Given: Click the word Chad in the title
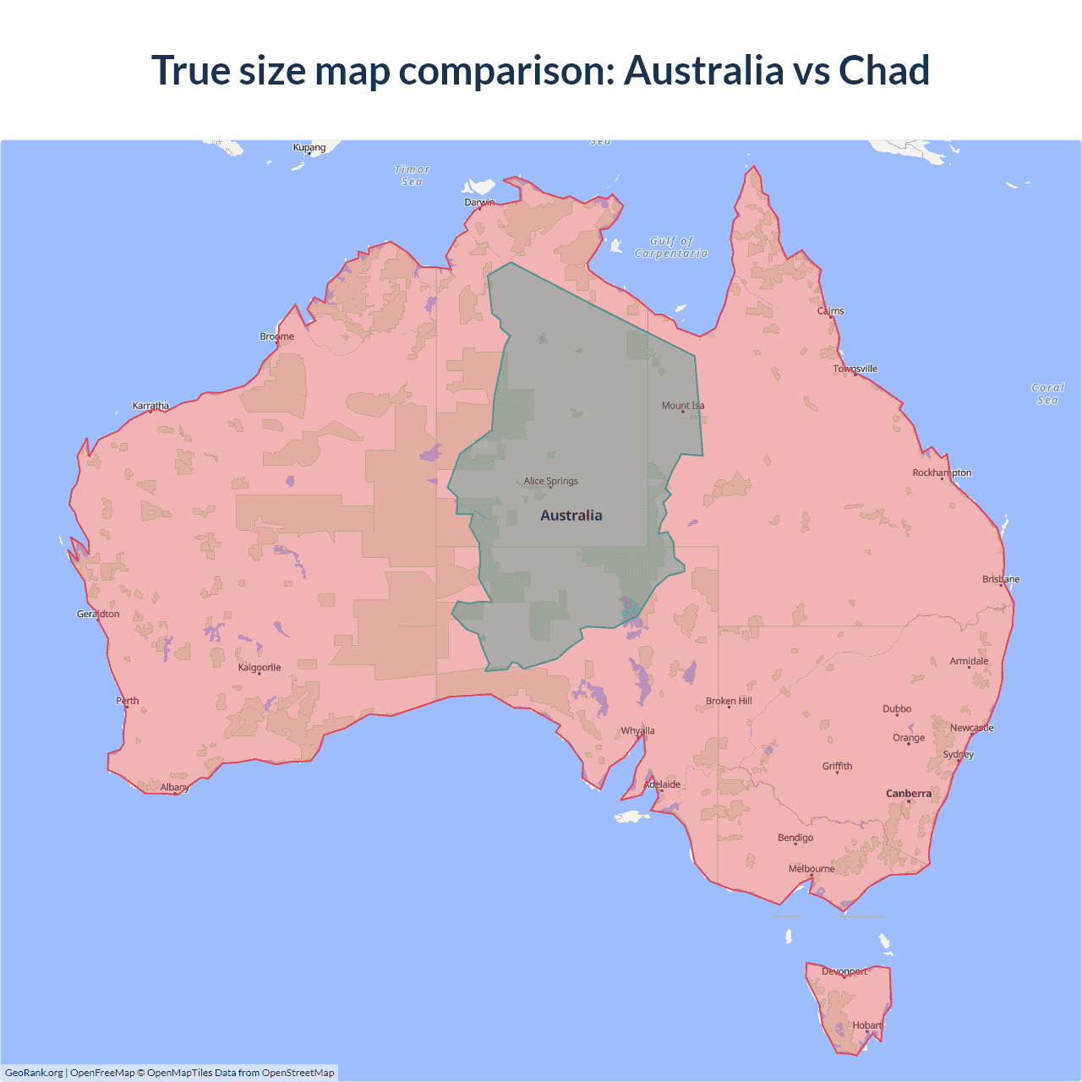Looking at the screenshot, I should coord(883,70).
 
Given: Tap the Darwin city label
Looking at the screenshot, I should coord(479,202).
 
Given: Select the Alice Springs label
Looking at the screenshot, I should coord(550,481).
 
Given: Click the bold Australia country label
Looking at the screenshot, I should coord(571,516).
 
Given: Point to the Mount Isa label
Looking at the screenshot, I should coord(683,406).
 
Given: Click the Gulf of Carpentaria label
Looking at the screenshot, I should coord(671,247).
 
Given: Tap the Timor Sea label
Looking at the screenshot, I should coord(413,176).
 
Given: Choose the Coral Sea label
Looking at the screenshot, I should coord(1047,394).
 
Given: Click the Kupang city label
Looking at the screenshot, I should coord(309,147).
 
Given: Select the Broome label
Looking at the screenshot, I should coord(277,336).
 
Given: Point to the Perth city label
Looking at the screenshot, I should coord(128,701).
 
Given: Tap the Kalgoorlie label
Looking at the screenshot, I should coord(260,668).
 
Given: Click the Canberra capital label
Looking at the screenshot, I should coord(909,794).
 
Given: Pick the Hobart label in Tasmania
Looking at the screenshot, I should coord(867,1025).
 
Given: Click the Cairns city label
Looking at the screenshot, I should coord(831,311).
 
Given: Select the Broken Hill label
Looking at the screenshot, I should coord(729,702).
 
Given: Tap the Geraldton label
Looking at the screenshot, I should coord(98,615).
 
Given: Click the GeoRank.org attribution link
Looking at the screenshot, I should coord(34,1073).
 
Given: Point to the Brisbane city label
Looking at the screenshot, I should coord(1001,580).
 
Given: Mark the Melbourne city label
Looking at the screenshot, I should coord(811,869).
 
